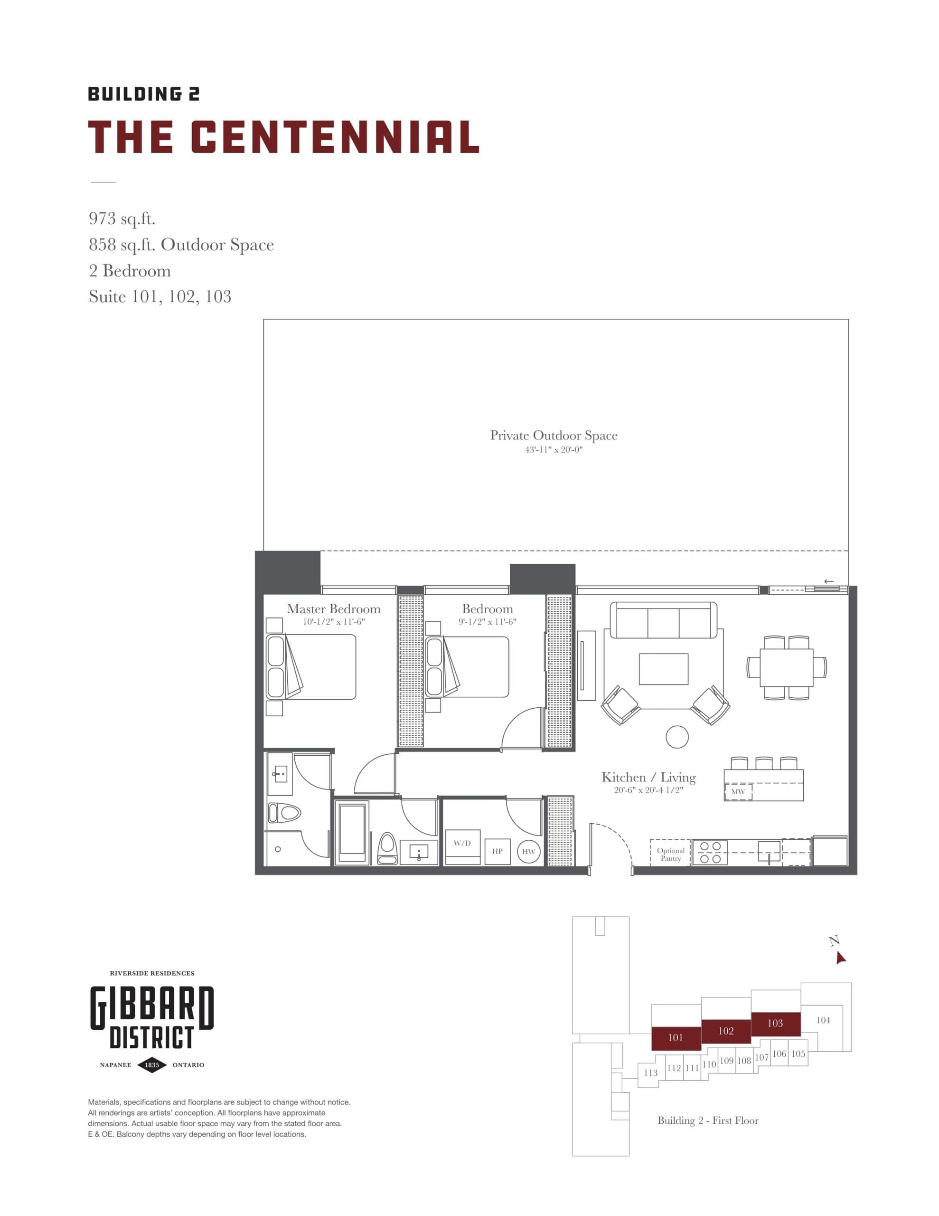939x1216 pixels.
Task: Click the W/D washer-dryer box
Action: point(462,847)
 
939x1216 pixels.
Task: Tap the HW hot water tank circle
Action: point(528,852)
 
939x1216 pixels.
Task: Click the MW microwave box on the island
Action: point(738,792)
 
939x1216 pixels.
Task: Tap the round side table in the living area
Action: point(677,737)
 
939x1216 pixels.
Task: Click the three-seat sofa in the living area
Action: point(663,620)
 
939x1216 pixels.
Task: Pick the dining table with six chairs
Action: point(786,667)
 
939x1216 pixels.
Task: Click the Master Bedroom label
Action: point(333,609)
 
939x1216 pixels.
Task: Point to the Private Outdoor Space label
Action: point(553,436)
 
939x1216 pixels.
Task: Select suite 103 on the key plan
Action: point(775,1023)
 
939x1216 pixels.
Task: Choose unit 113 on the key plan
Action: point(650,1073)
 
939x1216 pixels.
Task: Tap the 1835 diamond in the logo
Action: point(151,1064)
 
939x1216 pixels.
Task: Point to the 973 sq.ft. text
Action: point(122,218)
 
